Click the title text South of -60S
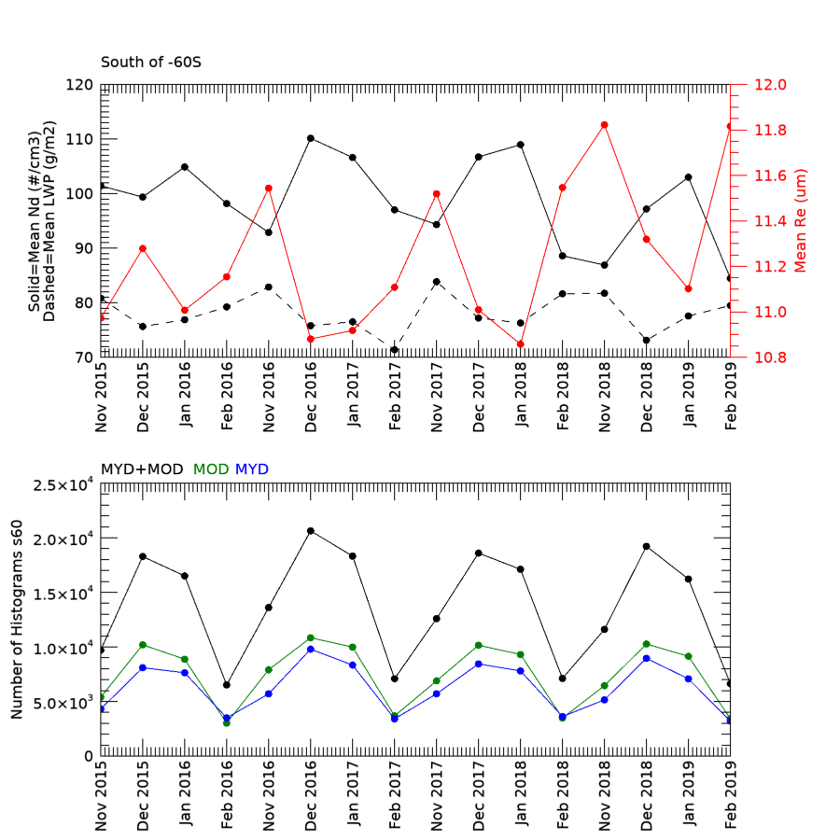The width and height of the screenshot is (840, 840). click(150, 63)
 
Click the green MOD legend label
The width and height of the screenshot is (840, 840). click(210, 469)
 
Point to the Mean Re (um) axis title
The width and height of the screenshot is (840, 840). click(801, 221)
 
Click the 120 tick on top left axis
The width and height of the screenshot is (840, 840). click(79, 85)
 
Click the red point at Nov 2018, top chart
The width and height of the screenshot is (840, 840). click(605, 125)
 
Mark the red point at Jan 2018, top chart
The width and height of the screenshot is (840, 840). click(521, 344)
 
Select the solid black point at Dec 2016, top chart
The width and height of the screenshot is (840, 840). click(311, 138)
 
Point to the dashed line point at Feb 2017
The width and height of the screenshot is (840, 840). click(395, 350)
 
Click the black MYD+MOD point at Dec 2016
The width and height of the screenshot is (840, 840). click(311, 531)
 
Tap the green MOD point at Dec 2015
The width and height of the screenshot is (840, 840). click(143, 645)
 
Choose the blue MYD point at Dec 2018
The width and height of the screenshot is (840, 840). click(647, 659)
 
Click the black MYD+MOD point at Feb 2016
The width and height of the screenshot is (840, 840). click(227, 685)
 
